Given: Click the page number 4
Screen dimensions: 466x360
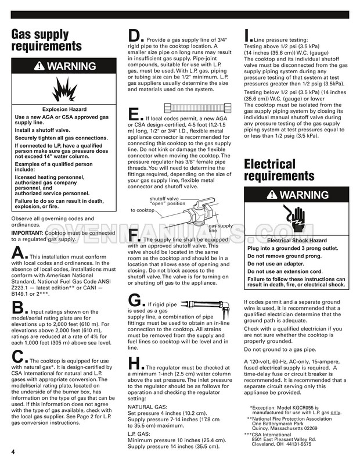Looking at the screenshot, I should tap(12, 452).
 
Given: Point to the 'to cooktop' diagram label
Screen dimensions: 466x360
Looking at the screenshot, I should tap(142, 210).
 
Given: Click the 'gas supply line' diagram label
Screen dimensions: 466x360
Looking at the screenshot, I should tap(221, 228).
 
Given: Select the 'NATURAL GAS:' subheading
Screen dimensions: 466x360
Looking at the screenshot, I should tap(149, 408).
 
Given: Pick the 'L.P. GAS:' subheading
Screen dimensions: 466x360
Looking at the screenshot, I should tap(142, 435).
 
